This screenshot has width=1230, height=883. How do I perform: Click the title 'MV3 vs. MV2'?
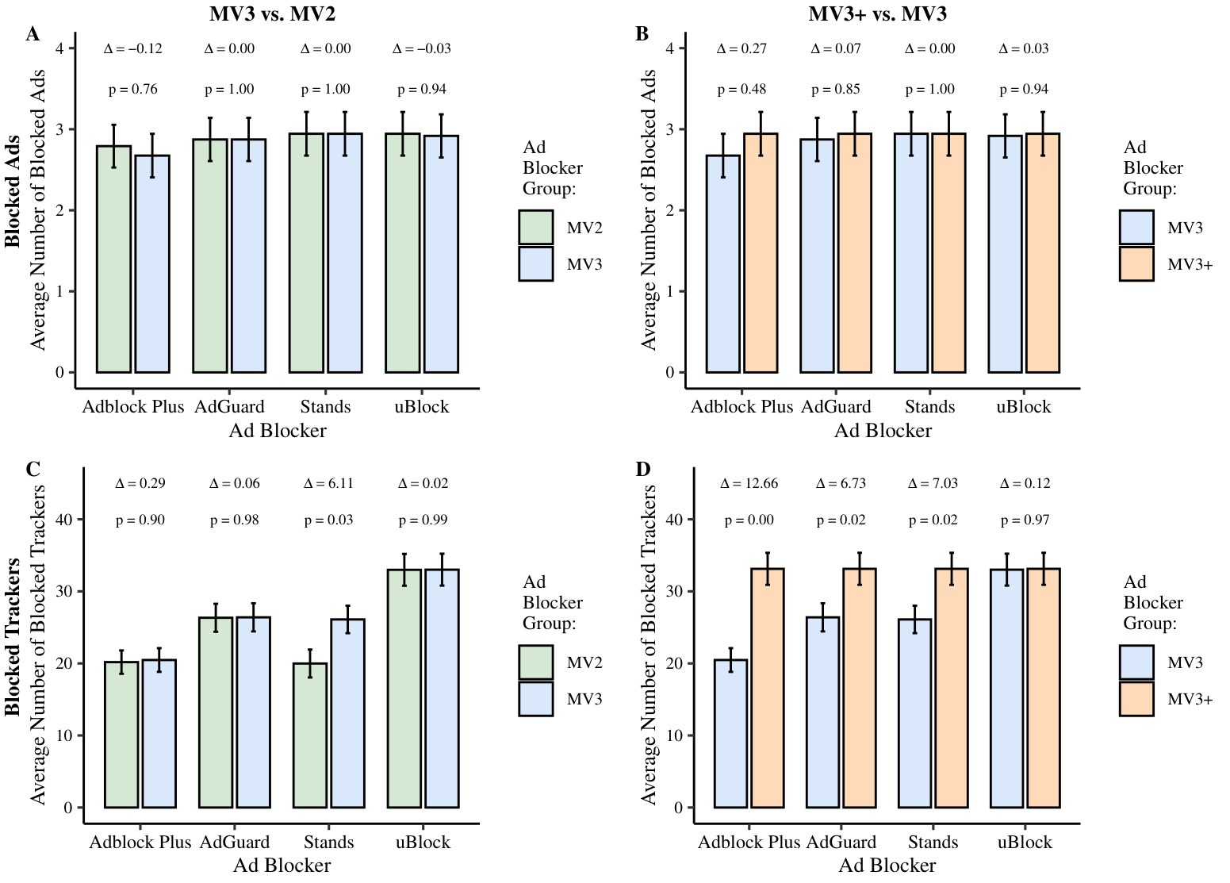tap(278, 13)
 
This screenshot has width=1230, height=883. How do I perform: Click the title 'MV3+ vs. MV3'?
tap(877, 13)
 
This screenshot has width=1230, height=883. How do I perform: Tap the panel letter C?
tap(33, 469)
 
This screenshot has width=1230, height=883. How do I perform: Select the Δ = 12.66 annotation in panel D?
tap(749, 483)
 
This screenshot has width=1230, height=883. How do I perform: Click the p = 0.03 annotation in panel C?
tap(328, 520)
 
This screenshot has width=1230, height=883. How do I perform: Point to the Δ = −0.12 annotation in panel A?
tap(132, 48)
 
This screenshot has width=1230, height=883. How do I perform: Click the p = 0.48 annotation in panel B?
tap(741, 90)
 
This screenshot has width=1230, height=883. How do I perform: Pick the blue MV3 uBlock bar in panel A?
tap(441, 254)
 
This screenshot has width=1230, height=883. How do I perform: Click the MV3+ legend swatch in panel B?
tap(1136, 264)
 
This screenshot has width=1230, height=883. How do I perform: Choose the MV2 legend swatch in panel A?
tap(536, 228)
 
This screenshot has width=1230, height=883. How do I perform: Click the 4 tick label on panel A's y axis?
tap(59, 48)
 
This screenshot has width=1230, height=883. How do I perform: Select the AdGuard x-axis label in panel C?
tap(235, 842)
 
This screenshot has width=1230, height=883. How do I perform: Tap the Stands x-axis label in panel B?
tap(929, 407)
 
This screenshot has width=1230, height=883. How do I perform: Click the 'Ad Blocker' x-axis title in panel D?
tap(887, 866)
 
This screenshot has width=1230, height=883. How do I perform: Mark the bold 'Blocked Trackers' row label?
tap(13, 636)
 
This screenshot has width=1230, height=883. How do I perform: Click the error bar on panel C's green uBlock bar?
tap(404, 570)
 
